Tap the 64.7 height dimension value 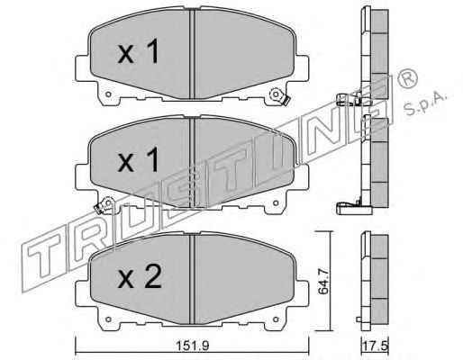(x=322, y=282)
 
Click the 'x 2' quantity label (x=140, y=278)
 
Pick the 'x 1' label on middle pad (x=138, y=160)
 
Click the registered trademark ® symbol (x=407, y=78)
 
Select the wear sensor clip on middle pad (x=104, y=205)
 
